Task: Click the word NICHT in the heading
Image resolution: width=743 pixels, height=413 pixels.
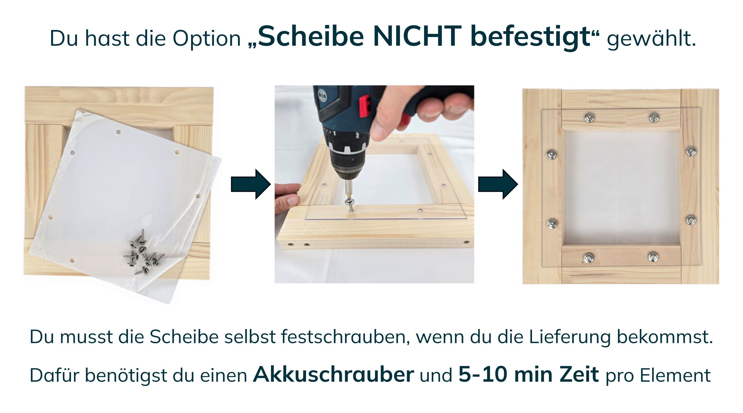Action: click(417, 36)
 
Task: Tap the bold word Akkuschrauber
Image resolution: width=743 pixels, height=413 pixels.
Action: click(333, 374)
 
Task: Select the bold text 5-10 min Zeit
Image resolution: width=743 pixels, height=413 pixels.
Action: click(529, 374)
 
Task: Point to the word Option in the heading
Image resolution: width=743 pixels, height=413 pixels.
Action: click(207, 39)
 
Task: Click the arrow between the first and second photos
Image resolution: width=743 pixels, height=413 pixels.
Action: click(251, 184)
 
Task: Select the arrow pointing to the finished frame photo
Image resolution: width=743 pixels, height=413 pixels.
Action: click(498, 184)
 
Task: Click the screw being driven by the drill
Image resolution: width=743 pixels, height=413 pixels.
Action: click(350, 204)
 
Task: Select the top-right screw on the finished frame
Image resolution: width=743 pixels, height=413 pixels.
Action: click(654, 117)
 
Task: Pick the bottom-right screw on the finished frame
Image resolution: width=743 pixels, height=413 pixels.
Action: click(653, 257)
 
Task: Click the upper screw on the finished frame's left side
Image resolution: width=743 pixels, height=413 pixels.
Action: click(552, 154)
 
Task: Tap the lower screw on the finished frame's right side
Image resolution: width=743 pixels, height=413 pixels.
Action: click(691, 220)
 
